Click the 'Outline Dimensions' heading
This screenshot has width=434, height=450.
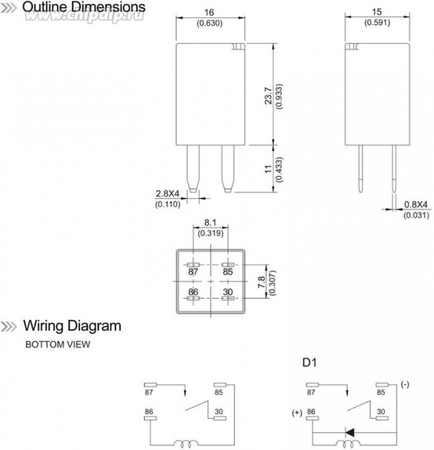[83, 7]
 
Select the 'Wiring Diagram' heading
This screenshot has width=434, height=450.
[72, 327]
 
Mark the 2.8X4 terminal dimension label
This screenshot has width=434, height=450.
[168, 193]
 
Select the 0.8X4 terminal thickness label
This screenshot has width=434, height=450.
[414, 204]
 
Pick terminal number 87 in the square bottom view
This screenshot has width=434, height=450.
[194, 272]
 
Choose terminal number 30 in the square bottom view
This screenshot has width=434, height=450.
[228, 292]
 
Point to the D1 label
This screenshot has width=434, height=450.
[309, 364]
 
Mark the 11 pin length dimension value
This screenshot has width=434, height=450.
[268, 169]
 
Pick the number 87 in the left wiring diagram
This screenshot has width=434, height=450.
[149, 393]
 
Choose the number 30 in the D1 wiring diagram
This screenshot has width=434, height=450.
[380, 412]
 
